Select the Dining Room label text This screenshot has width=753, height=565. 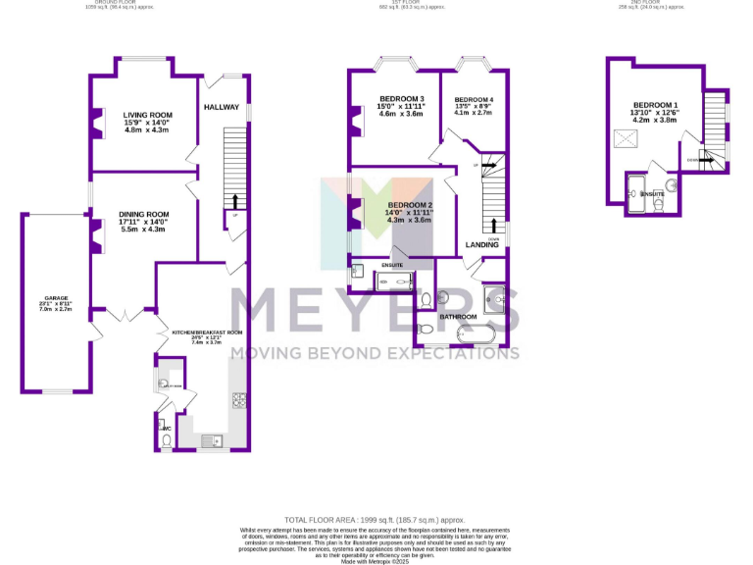coord(144,214)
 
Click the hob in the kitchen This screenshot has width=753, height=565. coord(237,399)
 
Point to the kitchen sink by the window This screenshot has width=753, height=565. coord(211,440)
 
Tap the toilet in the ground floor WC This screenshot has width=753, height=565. coord(167,440)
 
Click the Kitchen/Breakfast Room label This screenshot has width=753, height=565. coord(206,333)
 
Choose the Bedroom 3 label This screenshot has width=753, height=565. coord(401,99)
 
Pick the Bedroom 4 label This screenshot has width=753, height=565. coord(474,100)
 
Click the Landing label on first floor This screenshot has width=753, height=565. coord(482,244)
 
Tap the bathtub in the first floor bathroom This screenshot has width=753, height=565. coord(478,336)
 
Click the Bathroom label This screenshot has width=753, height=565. coord(458,317)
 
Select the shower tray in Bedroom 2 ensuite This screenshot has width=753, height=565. coord(395,282)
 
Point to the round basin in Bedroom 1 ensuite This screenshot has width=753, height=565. coord(672,184)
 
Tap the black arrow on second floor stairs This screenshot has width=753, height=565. coord(704,160)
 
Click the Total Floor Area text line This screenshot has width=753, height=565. coord(374,519)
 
